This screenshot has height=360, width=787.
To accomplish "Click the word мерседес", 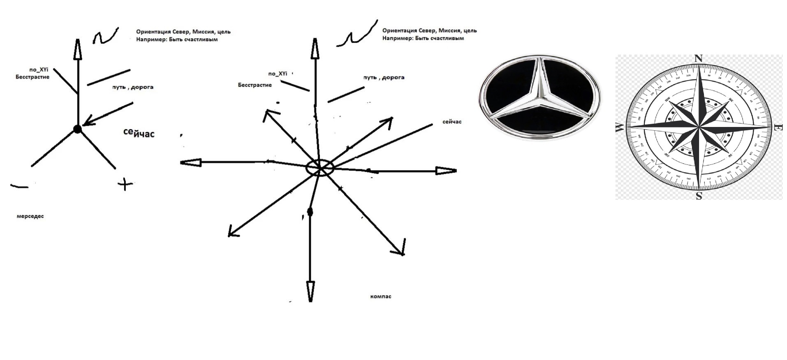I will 30,216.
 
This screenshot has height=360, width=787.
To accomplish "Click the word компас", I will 381,296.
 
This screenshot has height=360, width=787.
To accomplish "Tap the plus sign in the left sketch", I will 125,184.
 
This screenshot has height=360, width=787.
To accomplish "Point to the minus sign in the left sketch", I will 19,187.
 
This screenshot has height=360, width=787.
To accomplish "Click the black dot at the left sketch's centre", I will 77,129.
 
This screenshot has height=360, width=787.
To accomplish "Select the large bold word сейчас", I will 139,133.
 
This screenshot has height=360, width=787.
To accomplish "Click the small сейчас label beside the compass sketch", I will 452,122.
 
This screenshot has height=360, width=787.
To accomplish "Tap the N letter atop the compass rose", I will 698,59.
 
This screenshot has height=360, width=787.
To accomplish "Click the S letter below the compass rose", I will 699,196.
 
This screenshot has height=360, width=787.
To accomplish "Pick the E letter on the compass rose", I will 778,128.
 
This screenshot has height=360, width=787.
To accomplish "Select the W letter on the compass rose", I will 620,128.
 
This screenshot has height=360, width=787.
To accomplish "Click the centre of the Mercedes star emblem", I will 539,97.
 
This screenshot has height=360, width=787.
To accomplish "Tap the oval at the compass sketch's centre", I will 320,168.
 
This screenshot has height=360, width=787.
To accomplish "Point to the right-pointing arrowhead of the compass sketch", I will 446,171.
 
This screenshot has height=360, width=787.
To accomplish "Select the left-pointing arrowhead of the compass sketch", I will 191,163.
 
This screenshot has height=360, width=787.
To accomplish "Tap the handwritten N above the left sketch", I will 105,37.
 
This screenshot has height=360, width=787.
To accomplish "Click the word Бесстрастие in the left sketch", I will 32,77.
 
